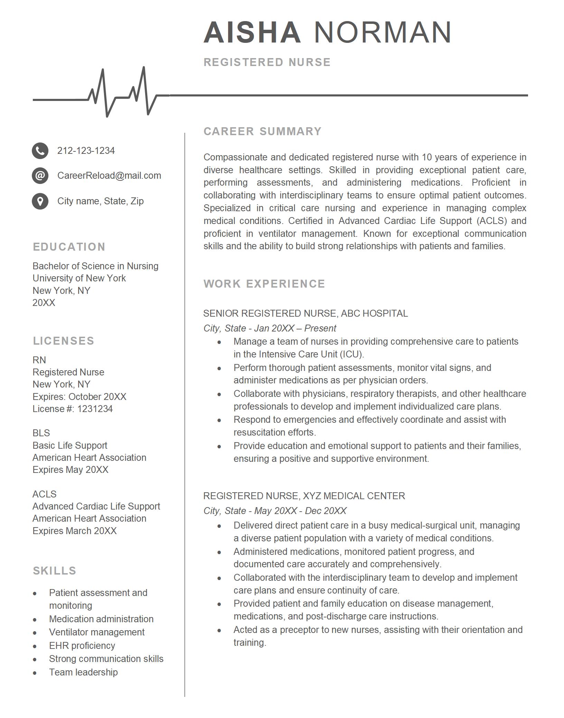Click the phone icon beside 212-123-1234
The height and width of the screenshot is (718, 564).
pos(40,151)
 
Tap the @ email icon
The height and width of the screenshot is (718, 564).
pos(40,176)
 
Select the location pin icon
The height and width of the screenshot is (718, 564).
pos(40,201)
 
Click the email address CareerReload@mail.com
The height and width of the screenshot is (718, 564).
pos(109,176)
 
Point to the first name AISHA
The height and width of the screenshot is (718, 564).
pos(252,32)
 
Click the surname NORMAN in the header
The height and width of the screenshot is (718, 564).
pos(383,32)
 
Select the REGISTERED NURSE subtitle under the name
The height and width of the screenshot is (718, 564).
pos(267,62)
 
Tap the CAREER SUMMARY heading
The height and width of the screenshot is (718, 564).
pos(263,131)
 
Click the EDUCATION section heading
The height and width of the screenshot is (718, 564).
pos(69,247)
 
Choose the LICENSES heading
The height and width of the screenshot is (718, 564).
pos(64,341)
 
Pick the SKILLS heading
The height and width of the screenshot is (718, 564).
pos(55,571)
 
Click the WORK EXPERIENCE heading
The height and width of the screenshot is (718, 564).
pos(264,284)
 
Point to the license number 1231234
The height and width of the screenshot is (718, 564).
pos(95,409)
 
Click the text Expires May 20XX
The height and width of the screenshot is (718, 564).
pos(70,470)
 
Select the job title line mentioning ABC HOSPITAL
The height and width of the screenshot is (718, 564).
pos(305,314)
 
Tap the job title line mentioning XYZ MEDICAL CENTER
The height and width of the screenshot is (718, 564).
pos(304,496)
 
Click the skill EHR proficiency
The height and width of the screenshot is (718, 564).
pos(82,646)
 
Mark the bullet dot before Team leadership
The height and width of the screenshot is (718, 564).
pos(35,673)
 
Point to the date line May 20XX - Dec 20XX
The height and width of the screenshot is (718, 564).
pos(300,511)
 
